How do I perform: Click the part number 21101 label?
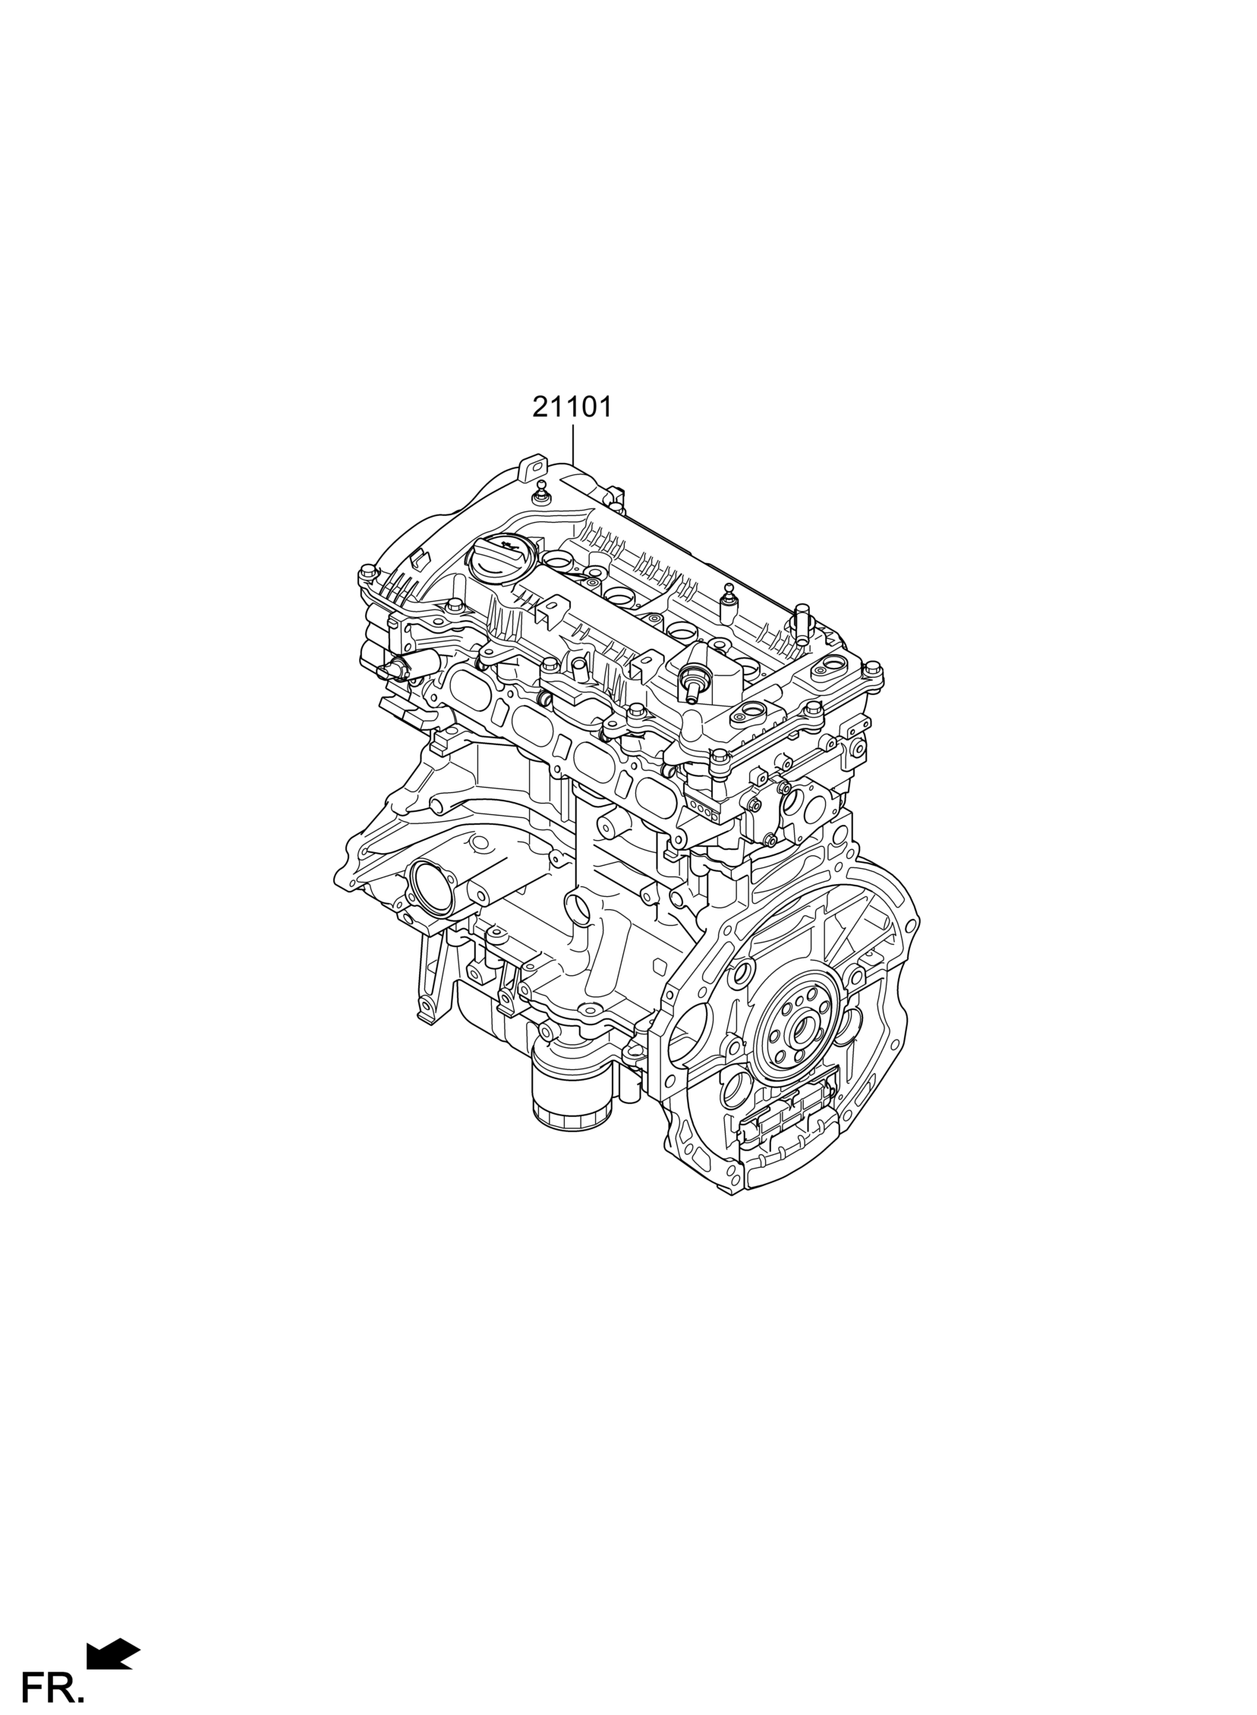(x=572, y=408)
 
